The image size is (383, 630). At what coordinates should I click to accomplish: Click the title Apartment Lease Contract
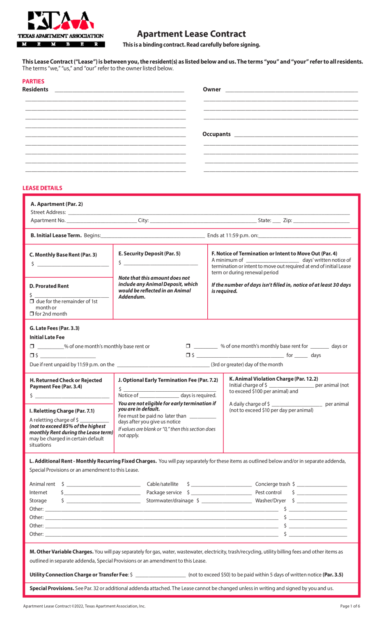pyautogui.click(x=191, y=34)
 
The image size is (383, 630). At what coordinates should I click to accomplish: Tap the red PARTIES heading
pyautogui.click(x=33, y=82)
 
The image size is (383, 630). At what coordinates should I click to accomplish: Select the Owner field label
pyautogui.click(x=212, y=89)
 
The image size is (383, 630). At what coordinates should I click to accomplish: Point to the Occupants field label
pyautogui.click(x=216, y=134)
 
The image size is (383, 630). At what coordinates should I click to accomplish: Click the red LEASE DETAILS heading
pyautogui.click(x=42, y=188)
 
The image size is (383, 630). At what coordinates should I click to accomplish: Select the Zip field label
pyautogui.click(x=287, y=221)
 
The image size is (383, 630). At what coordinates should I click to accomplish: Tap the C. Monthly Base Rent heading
pyautogui.click(x=63, y=255)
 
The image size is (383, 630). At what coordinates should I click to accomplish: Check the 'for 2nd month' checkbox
pyautogui.click(x=32, y=314)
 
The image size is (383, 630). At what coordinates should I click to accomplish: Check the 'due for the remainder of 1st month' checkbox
pyautogui.click(x=32, y=301)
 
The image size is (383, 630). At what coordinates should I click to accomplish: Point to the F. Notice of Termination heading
pyautogui.click(x=274, y=253)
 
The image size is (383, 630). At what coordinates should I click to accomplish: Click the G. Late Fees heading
pyautogui.click(x=55, y=328)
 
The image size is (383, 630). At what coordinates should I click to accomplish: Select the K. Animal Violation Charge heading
pyautogui.click(x=273, y=379)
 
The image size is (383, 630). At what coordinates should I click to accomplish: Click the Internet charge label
pyautogui.click(x=38, y=493)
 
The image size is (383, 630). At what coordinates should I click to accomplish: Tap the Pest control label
pyautogui.click(x=268, y=493)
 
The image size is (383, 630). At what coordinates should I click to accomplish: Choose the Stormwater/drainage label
pyautogui.click(x=170, y=501)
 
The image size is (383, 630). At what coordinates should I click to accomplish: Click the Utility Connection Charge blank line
pyautogui.click(x=160, y=575)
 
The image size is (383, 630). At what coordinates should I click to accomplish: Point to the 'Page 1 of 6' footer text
pyautogui.click(x=350, y=606)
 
